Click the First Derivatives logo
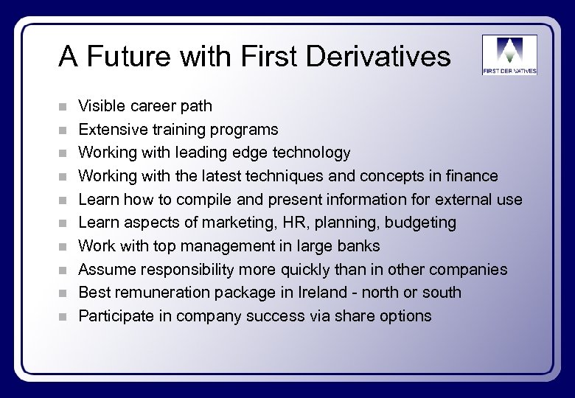click(509, 55)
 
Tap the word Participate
click(114, 316)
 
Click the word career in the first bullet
click(153, 107)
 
